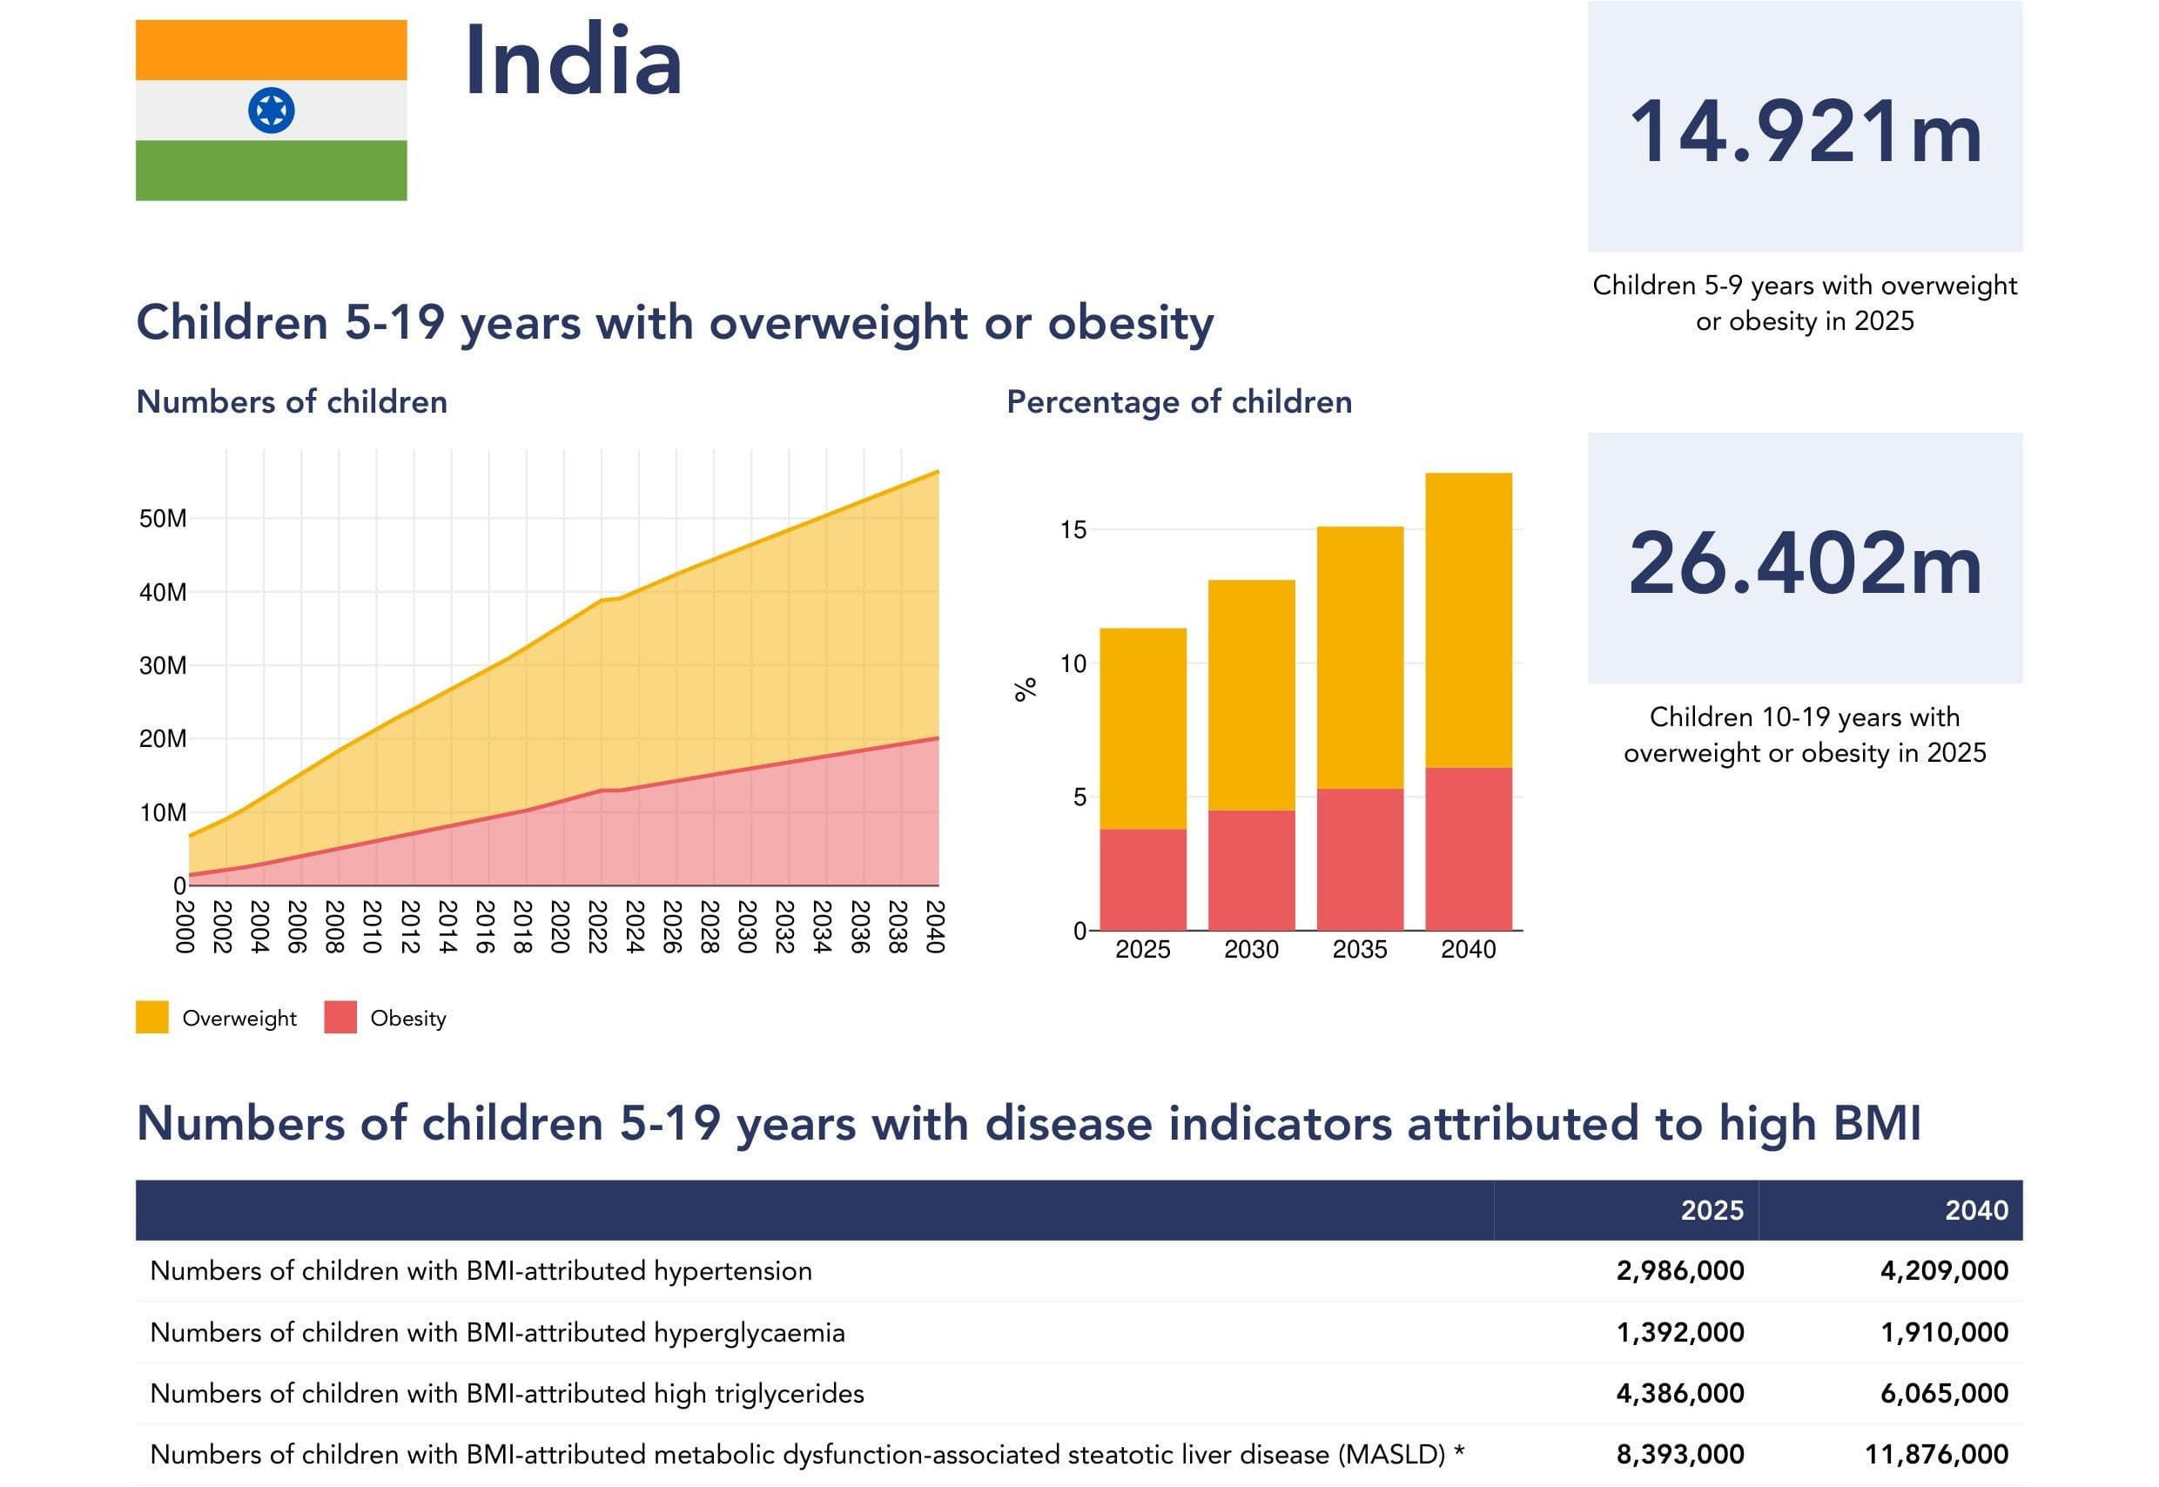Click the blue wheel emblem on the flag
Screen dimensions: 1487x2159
(271, 111)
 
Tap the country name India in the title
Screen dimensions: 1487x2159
(573, 62)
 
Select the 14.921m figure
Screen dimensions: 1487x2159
(1804, 132)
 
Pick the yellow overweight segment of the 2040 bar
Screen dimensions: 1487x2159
(1468, 621)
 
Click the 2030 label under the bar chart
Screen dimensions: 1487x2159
(1251, 950)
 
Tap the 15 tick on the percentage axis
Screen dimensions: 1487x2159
(1073, 530)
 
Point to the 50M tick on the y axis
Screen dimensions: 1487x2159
(163, 519)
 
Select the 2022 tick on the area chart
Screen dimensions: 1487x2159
(597, 926)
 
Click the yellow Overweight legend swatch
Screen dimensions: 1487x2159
(151, 1018)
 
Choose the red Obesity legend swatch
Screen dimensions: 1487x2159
(340, 1018)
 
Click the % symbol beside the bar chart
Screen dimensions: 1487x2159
(1025, 690)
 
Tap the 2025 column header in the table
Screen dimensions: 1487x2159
(1712, 1210)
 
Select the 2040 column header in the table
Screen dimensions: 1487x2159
(1975, 1210)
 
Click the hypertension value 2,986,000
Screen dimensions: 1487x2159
(1679, 1271)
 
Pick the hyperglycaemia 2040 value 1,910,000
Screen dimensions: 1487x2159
(1944, 1332)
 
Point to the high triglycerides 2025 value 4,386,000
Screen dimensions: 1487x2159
(1679, 1393)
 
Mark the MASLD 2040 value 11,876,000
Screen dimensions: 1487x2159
(1935, 1455)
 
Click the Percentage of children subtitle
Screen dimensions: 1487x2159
(1179, 401)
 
